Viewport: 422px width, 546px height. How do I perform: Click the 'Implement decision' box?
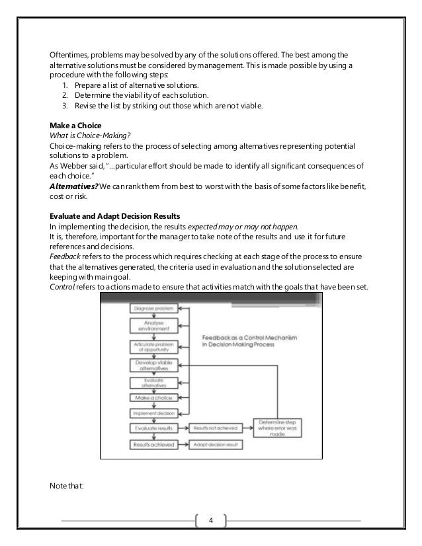[x=153, y=412]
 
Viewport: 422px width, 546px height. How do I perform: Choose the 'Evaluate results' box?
[x=153, y=428]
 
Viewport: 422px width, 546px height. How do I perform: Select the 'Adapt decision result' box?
[x=216, y=445]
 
